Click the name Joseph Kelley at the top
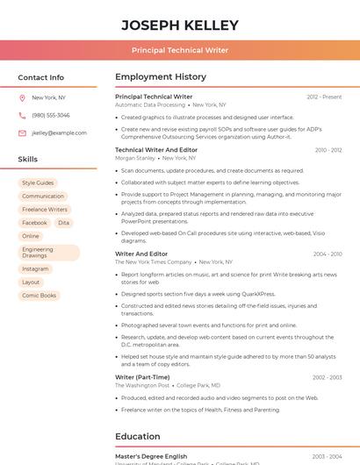[179, 25]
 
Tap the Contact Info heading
[40, 77]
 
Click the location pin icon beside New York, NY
[22, 98]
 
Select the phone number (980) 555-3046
[50, 115]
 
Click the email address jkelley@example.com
[59, 133]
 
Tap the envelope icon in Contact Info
[22, 133]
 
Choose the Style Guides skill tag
[38, 183]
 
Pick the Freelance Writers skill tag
[45, 210]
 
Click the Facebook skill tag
[34, 223]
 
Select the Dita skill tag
[63, 223]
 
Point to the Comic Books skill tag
[39, 296]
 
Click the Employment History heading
[160, 77]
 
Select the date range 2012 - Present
[324, 97]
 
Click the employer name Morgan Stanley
[134, 158]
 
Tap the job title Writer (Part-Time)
[142, 377]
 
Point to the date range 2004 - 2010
[327, 254]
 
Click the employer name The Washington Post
[142, 385]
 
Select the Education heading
[137, 436]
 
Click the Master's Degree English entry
[151, 456]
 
